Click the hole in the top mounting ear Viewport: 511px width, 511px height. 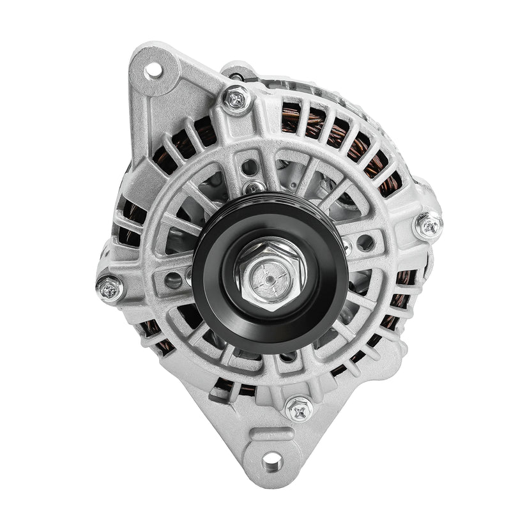[153, 70]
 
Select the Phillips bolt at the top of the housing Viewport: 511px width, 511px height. [236, 99]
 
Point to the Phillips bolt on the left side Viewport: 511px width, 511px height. [110, 288]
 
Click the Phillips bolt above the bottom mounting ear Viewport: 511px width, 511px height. [298, 408]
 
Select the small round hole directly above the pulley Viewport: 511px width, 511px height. [250, 167]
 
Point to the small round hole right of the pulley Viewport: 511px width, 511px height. [365, 242]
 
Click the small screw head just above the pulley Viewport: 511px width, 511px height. [255, 187]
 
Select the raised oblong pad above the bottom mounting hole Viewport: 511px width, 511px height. [271, 434]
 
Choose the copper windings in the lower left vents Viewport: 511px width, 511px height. [153, 332]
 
